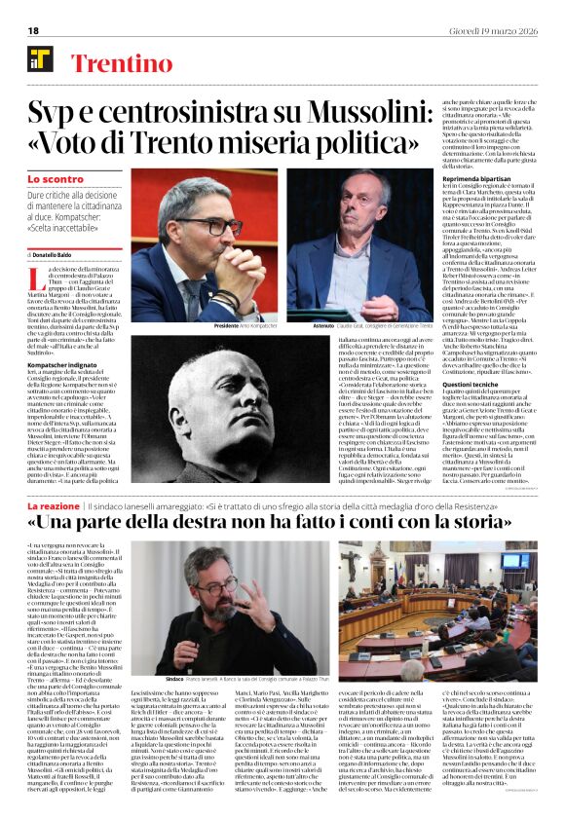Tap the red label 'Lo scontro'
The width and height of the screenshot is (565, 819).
pyautogui.click(x=55, y=179)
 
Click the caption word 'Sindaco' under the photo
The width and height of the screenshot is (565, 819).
pyautogui.click(x=174, y=675)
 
